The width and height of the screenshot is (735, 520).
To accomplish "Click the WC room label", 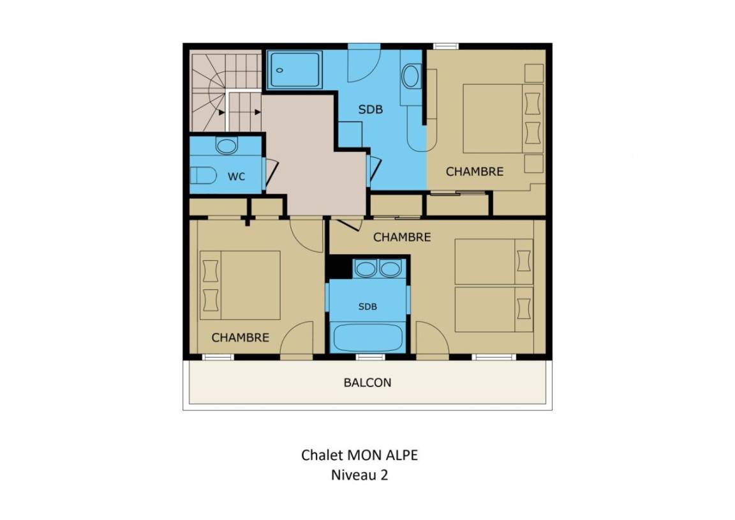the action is click(236, 176).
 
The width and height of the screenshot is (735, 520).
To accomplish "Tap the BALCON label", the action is click(367, 383).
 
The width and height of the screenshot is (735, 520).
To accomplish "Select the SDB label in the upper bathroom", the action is click(370, 109).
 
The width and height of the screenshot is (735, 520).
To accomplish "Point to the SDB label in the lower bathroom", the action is click(367, 307).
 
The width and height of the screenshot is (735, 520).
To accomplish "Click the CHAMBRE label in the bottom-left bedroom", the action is click(241, 337).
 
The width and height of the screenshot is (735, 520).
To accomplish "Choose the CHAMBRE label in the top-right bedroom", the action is click(475, 172).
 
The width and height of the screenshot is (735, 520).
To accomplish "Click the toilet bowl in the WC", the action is click(203, 175).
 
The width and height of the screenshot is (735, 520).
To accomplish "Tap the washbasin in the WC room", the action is click(226, 146).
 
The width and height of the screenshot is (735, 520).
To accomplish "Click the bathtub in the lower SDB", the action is click(368, 337).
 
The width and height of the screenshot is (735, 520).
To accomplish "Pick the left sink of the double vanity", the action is click(366, 269).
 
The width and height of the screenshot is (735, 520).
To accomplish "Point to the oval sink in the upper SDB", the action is click(411, 76).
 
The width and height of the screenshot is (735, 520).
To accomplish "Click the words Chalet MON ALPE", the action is click(360, 455).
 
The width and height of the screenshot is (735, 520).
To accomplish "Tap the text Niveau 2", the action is click(360, 475).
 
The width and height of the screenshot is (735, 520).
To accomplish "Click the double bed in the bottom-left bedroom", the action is click(240, 286).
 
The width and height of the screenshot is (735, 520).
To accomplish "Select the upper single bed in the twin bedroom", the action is click(494, 262).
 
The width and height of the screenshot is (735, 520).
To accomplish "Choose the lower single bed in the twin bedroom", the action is click(494, 309).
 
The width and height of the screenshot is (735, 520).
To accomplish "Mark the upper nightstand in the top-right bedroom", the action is click(534, 73).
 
